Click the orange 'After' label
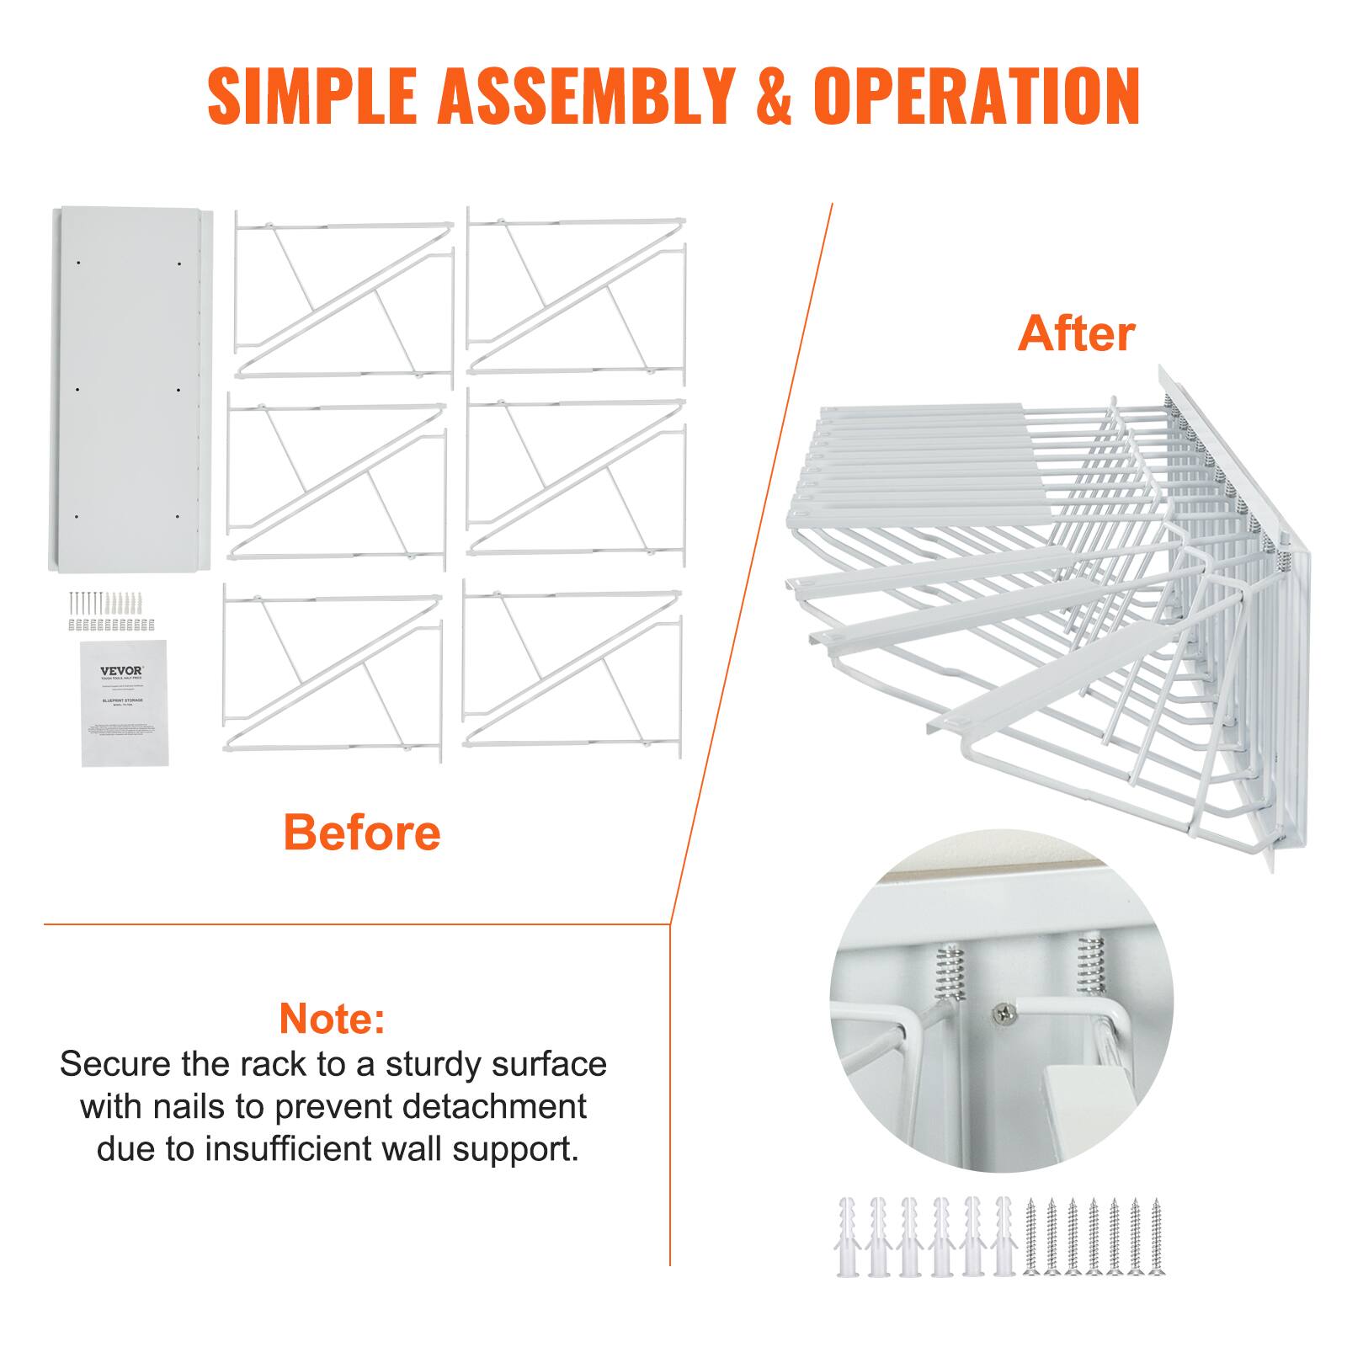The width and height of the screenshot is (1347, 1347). click(x=1076, y=333)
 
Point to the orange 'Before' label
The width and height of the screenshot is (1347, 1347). click(x=362, y=832)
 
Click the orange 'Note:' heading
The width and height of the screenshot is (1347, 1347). click(x=333, y=1018)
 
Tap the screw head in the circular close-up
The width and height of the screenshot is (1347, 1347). click(x=999, y=1016)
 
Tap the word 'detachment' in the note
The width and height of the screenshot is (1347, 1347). click(x=493, y=1106)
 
